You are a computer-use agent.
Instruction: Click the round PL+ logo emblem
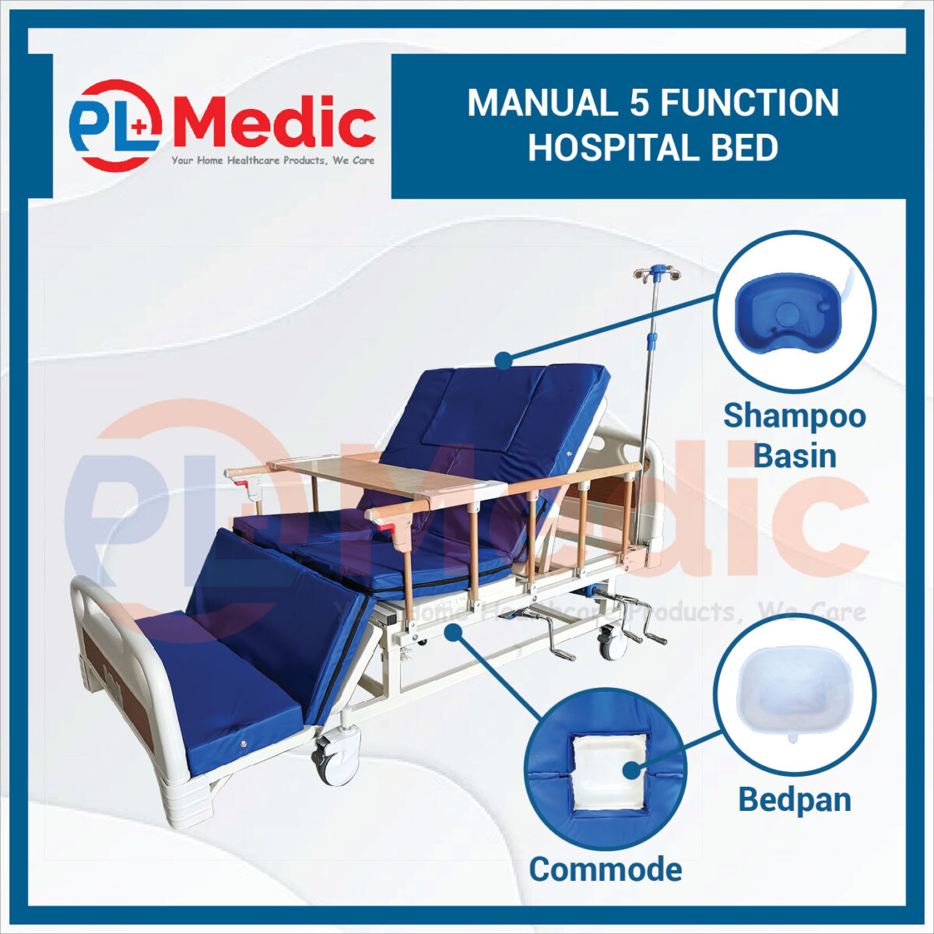pos(115,125)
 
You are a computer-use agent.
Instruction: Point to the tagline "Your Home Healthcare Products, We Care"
pos(273,160)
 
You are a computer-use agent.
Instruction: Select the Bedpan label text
pos(795,800)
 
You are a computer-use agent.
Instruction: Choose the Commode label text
pos(606,870)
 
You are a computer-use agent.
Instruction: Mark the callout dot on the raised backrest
pos(504,361)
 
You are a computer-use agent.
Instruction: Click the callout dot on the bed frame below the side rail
pos(453,633)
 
